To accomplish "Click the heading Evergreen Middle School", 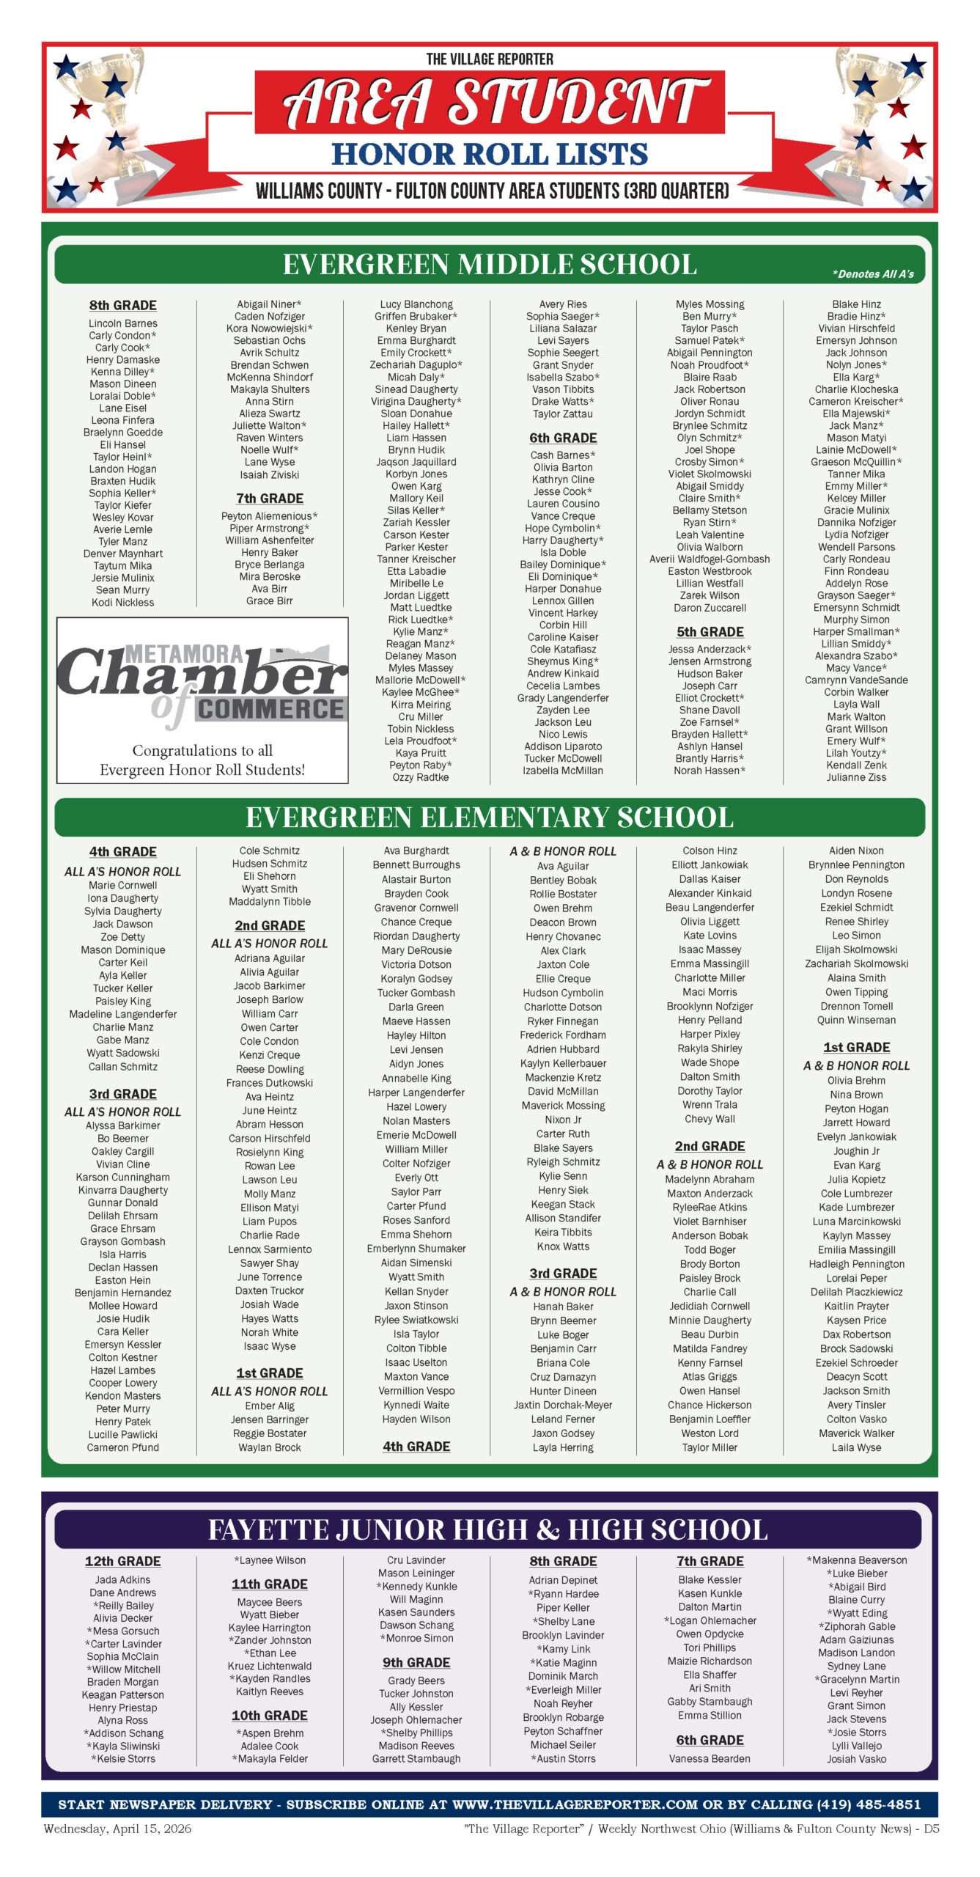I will [489, 265].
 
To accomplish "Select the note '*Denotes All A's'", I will [872, 274].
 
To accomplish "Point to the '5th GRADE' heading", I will [710, 632].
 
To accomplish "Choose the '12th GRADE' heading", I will [122, 1562].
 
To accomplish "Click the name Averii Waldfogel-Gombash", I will [710, 559].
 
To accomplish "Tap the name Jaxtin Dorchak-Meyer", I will [563, 1405].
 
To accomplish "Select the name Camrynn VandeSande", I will [856, 680].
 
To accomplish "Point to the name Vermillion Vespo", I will [416, 1391].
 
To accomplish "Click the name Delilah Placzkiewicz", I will [856, 1292].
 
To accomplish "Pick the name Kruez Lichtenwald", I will [270, 1666].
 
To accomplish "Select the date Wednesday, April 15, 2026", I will [117, 1829].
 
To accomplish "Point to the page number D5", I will [931, 1829].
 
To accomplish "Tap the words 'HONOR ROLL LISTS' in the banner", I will [490, 154].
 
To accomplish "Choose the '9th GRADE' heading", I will [416, 1662].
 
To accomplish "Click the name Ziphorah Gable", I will [856, 1626].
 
